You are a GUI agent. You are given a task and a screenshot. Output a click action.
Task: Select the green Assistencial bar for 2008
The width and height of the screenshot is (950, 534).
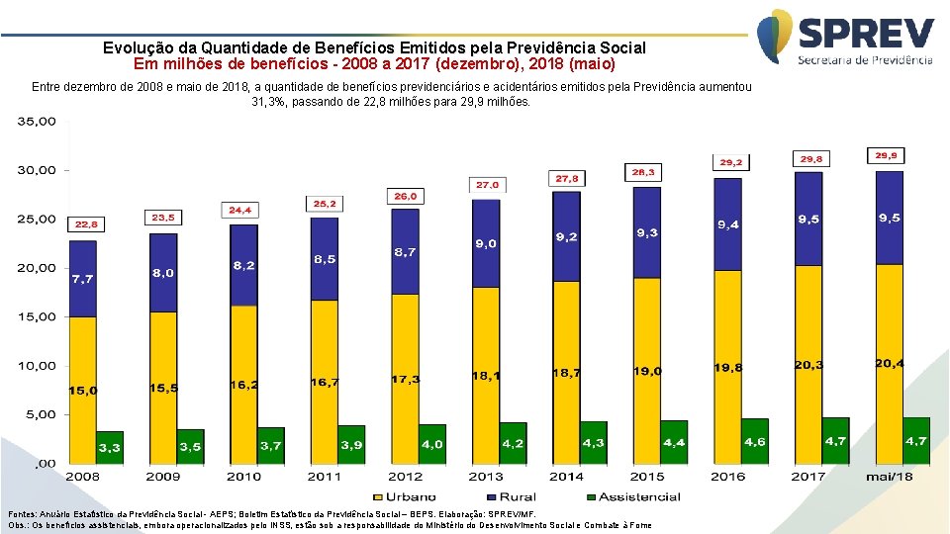point(110,447)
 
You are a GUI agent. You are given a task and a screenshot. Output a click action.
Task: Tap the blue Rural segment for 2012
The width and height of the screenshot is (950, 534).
point(405,251)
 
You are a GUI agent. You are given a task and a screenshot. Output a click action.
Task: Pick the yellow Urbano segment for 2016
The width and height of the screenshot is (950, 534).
point(727,366)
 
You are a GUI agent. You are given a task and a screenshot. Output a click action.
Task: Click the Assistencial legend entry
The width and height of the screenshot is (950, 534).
point(633,497)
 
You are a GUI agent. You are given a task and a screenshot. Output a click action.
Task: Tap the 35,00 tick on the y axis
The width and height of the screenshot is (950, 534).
point(38,121)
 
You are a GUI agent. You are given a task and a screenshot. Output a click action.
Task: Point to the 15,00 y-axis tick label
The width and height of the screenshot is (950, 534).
point(38,316)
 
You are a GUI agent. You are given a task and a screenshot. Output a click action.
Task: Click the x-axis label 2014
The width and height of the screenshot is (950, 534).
point(567,477)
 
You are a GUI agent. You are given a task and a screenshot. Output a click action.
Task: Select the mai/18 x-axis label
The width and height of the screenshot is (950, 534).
point(889,477)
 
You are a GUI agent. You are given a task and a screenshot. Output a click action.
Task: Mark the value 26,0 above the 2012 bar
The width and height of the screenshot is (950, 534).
point(406,196)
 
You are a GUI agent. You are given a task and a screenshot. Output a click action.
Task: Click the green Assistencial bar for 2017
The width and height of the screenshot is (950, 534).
point(835,440)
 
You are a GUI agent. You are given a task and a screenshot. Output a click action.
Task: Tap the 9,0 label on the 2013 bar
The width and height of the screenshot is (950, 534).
point(485,243)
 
